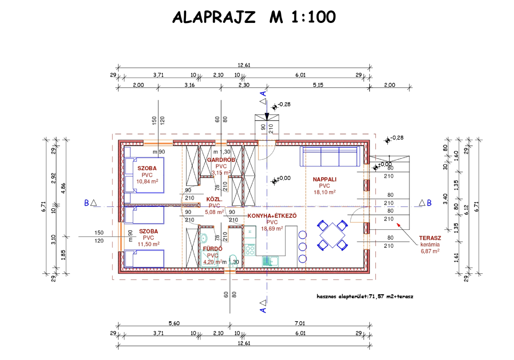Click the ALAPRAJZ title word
(x=214, y=17)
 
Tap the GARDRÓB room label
(x=221, y=160)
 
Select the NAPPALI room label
(x=324, y=179)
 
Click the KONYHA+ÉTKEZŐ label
(x=272, y=216)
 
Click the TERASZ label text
(x=430, y=238)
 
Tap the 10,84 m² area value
(x=147, y=181)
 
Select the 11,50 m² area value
(x=149, y=244)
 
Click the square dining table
(x=332, y=235)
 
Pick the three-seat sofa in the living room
(x=330, y=156)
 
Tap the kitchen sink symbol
(x=270, y=262)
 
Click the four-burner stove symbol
(x=250, y=250)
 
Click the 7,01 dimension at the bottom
(x=300, y=323)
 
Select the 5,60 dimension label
(x=174, y=323)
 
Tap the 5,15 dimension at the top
(x=318, y=85)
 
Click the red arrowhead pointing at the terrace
(x=399, y=225)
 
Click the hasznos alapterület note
(x=365, y=297)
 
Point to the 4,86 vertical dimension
(x=63, y=188)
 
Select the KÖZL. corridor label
(x=214, y=199)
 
